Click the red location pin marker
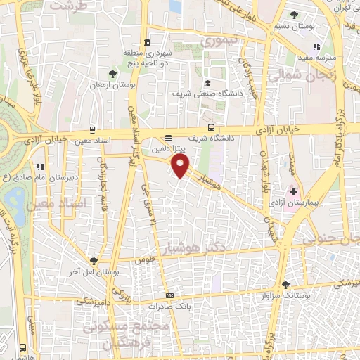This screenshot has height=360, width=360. click(181, 166)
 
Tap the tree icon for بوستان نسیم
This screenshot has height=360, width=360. click(294, 15)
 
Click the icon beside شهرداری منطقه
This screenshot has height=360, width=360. click(147, 41)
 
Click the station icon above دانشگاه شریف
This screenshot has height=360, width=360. click(212, 127)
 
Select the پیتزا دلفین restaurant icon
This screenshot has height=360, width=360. click(167, 139)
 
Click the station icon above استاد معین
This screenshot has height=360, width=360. click(91, 130)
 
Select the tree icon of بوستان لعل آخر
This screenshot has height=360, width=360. click(92, 260)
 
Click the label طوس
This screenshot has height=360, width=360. click(144, 259)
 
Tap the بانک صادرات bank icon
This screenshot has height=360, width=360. click(169, 295)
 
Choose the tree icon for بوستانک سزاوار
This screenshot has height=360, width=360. click(285, 285)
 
